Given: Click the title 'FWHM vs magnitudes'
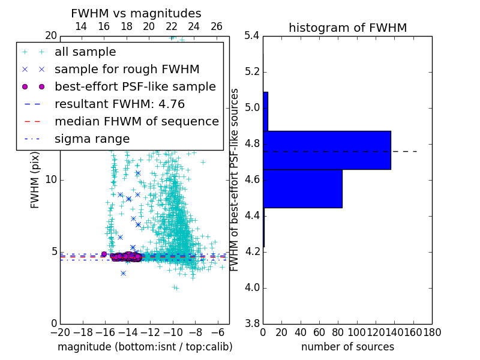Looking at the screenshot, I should coord(136,13).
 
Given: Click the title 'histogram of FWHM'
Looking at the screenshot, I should coord(347,28).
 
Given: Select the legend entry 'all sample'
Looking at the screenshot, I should coord(85,52).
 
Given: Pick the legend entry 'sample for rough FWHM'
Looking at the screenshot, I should coord(127,70).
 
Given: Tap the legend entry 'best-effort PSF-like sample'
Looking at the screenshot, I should coord(135,86).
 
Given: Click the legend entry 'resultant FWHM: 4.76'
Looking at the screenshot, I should coord(119,104).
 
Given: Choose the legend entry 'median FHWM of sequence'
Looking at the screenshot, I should coord(136,121).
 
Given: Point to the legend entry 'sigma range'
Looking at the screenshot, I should coord(92,139).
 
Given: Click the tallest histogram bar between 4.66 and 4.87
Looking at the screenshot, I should coord(327,150).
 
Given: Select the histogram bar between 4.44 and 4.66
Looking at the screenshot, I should coord(302,188).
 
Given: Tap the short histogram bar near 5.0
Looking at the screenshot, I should coord(265,111).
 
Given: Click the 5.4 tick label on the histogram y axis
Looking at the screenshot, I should coord(252,36).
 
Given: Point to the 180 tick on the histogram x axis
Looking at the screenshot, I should coord(431,332).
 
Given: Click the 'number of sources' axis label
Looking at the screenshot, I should coord(347,347).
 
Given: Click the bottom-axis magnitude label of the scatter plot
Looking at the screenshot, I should coord(145,347).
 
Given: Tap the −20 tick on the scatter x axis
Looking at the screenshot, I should coord(60,332).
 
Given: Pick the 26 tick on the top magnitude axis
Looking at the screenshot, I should coord(217,26).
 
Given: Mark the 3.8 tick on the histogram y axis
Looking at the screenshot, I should coord(252,323).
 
